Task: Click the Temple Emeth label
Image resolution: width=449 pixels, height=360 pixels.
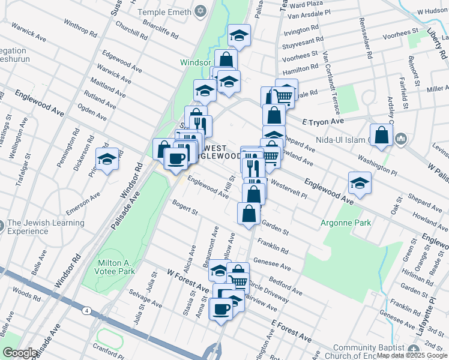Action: click(163, 12)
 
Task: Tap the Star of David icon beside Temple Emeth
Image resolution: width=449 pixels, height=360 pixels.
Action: click(200, 11)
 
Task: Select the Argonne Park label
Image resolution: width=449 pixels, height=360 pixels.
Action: click(348, 223)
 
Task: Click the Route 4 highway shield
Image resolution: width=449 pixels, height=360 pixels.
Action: click(88, 310)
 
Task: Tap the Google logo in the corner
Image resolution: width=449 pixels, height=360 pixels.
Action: click(20, 353)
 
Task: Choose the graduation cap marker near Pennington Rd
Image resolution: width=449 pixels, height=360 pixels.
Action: click(107, 159)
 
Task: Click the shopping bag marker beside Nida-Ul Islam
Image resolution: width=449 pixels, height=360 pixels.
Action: click(381, 135)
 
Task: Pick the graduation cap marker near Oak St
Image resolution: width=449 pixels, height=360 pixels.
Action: click(360, 182)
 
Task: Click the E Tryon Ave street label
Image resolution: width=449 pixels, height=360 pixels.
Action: click(323, 121)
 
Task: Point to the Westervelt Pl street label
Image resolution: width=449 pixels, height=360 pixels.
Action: click(289, 188)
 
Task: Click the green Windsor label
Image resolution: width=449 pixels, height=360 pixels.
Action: click(195, 62)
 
